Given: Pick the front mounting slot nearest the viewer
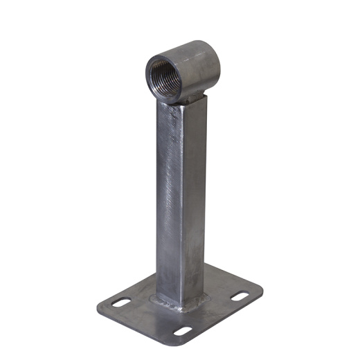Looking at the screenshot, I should [182, 330].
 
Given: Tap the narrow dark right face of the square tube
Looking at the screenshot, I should [197, 201].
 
